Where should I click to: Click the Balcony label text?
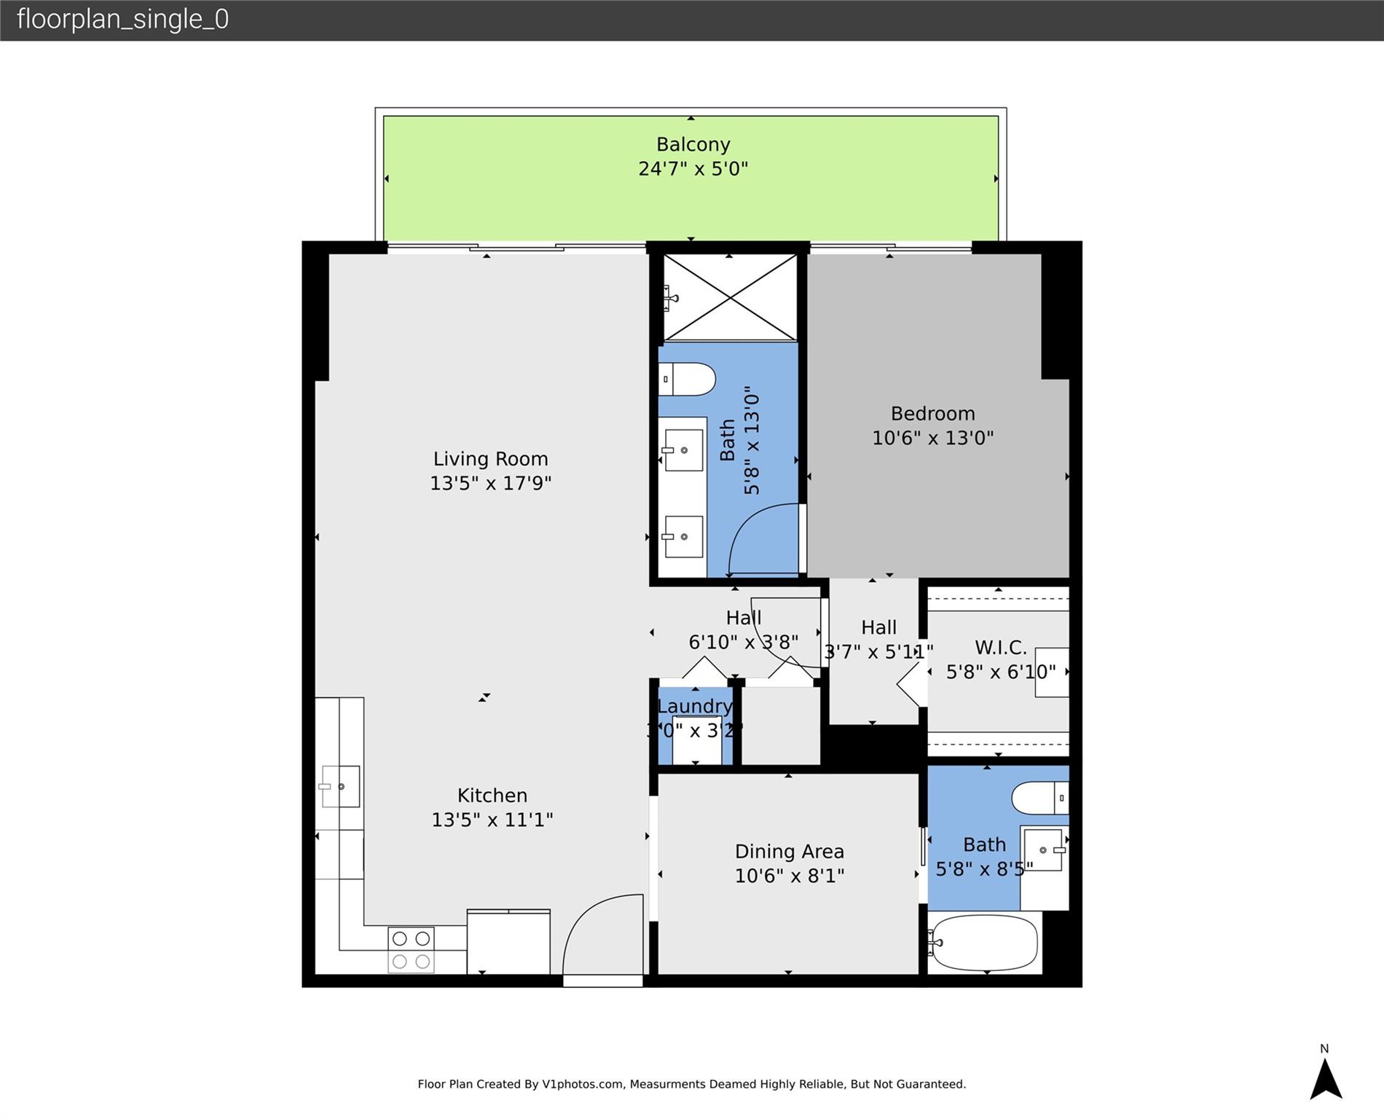(x=693, y=144)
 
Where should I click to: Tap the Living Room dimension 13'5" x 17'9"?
(x=490, y=483)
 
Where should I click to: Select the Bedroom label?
(x=932, y=413)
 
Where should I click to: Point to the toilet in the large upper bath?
(x=687, y=380)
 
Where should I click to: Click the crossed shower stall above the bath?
(x=730, y=297)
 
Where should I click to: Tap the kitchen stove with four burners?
(x=411, y=950)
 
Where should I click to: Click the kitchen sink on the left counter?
(x=340, y=786)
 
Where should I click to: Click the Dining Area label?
(x=789, y=851)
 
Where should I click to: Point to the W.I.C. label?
(x=1000, y=647)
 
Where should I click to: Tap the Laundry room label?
(x=694, y=706)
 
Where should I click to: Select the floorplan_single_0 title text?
(x=122, y=19)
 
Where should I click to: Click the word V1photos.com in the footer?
(x=583, y=1084)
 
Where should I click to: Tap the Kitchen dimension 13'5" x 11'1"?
(x=492, y=820)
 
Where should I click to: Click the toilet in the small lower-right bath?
(x=1039, y=798)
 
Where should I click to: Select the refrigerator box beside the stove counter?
(x=508, y=941)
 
